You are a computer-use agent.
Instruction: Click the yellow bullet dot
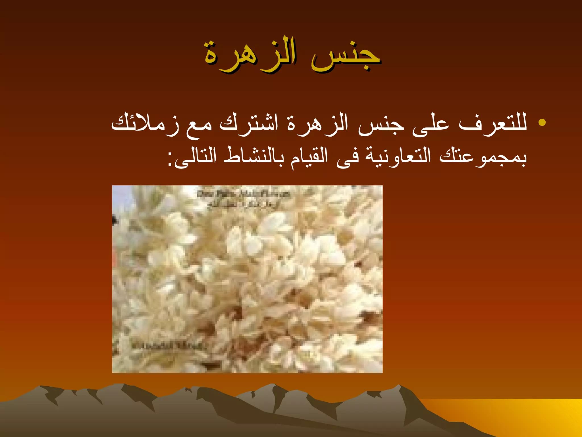point(542,122)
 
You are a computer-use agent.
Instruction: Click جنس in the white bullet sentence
point(381,125)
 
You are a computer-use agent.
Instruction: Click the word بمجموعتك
point(483,156)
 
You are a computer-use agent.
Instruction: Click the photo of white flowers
point(247,279)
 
